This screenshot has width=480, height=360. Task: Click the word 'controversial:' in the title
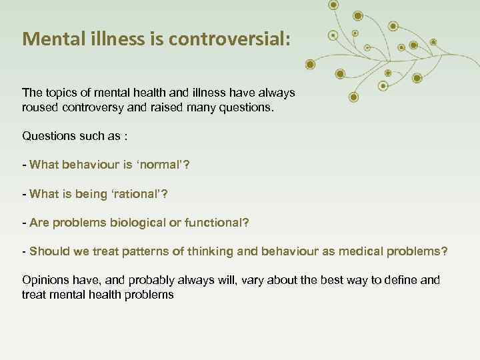coord(230,39)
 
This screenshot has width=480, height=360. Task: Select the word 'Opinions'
coord(45,280)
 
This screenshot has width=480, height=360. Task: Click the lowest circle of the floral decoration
coord(353,97)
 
